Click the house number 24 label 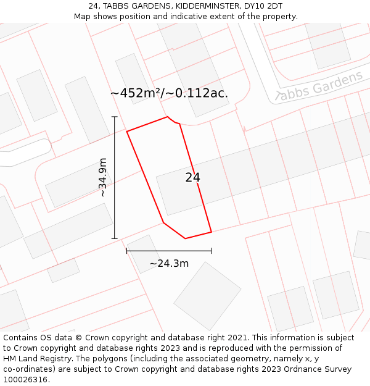(x=192, y=178)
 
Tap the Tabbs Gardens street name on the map (x=319, y=87)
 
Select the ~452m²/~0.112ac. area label (x=169, y=93)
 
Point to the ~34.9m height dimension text (x=103, y=177)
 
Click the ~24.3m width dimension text (x=169, y=264)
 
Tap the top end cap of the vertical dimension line (x=114, y=116)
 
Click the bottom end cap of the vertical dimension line (x=114, y=238)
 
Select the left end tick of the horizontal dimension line (x=127, y=251)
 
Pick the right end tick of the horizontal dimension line (x=212, y=251)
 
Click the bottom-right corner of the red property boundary (x=212, y=232)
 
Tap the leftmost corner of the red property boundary (x=127, y=132)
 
